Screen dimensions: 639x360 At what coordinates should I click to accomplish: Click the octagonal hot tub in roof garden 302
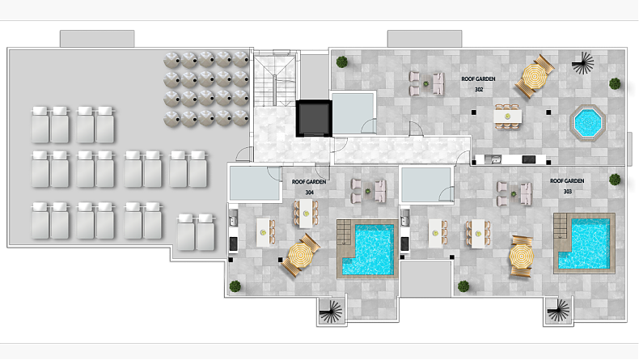click(587, 123)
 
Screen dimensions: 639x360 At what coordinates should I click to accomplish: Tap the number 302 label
click(479, 90)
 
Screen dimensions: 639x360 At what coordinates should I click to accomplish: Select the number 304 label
click(309, 192)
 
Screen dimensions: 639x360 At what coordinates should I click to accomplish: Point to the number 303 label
click(567, 191)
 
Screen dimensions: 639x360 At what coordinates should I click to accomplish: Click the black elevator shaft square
click(313, 118)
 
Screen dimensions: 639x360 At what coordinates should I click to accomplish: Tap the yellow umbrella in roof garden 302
click(534, 76)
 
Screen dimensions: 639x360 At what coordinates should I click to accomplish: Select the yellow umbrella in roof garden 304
click(300, 256)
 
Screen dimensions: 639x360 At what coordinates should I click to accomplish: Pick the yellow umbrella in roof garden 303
click(521, 256)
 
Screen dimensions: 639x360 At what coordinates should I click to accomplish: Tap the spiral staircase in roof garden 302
click(583, 63)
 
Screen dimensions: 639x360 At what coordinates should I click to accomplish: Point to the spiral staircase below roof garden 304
click(331, 312)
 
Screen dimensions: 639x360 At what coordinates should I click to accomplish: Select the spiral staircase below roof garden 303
click(559, 311)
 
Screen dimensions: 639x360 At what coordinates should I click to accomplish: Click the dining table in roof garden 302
click(507, 116)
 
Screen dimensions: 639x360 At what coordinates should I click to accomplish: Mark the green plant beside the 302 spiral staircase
click(615, 84)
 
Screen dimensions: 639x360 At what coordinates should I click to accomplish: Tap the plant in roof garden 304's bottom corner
click(235, 286)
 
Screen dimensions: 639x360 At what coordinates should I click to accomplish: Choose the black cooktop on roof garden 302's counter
click(528, 159)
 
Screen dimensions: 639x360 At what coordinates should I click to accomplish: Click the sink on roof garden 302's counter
click(493, 159)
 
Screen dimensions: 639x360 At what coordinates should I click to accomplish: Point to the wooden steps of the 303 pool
click(561, 227)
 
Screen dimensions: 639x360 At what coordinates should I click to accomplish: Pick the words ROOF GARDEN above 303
click(567, 180)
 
